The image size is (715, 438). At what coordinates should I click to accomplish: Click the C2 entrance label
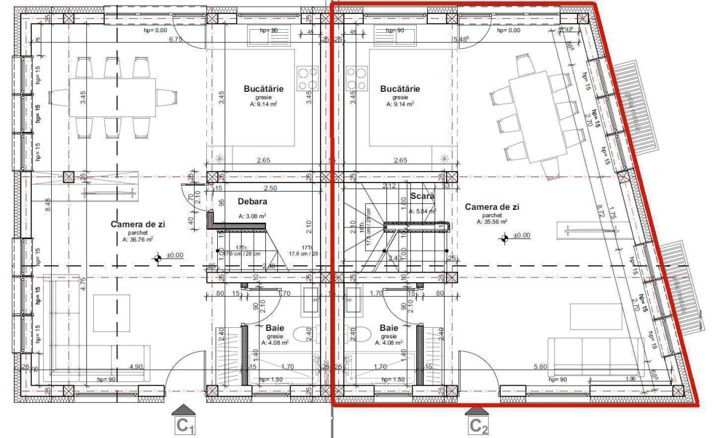tap(478, 426)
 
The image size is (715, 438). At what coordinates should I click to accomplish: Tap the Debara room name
tap(253, 201)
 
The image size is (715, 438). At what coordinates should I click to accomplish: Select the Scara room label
tap(422, 196)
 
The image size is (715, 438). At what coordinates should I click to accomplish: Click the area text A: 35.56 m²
tap(492, 222)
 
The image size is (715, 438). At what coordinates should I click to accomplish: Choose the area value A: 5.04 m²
tap(422, 211)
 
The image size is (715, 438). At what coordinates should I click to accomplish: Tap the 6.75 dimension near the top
tap(175, 40)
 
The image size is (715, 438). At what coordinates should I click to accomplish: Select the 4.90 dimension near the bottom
tap(135, 367)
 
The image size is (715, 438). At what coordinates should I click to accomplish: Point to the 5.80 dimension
tap(540, 367)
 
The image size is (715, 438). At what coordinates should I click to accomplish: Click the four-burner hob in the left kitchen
tap(308, 78)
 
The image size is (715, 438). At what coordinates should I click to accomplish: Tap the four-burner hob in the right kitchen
tap(356, 78)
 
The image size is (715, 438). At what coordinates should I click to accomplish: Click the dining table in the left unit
tap(112, 97)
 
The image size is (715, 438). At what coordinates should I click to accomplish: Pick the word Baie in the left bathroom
tap(274, 328)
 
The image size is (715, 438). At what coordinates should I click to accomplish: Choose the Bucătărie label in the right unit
tap(400, 89)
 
